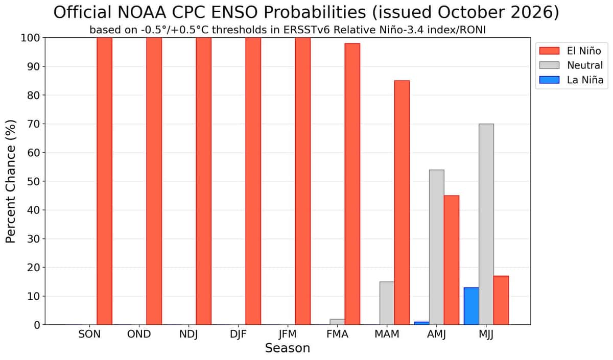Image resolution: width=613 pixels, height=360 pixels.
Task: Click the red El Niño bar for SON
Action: coord(105,181)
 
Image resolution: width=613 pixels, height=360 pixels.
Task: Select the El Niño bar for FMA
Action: coord(352,184)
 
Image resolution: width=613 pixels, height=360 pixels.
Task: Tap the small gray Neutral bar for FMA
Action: coord(337,322)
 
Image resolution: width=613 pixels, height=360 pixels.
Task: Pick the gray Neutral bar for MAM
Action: coord(387,303)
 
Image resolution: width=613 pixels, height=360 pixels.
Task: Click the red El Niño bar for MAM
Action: coord(402,203)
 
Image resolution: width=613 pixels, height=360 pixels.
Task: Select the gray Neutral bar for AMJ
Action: coord(437,247)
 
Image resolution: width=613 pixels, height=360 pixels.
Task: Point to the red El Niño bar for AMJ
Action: coord(452,260)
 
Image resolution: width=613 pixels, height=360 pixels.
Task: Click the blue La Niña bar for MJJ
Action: coord(471,306)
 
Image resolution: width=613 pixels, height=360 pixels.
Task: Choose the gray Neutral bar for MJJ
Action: coord(486,224)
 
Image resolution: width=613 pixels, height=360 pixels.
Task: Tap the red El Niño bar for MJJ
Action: coord(501,300)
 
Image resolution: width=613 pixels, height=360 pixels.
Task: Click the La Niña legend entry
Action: coord(571,80)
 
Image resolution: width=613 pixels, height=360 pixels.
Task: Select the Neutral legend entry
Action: coord(571,65)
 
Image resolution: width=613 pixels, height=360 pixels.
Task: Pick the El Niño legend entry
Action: coord(570,51)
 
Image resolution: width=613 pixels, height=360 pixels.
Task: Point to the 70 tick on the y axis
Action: coord(33,124)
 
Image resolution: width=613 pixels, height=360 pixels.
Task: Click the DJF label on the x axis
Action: coord(238,334)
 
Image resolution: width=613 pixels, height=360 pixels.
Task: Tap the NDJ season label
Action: coord(188,334)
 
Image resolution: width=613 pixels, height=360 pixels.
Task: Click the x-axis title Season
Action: coord(288,348)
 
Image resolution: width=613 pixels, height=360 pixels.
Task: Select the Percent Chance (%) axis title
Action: coord(11,181)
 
